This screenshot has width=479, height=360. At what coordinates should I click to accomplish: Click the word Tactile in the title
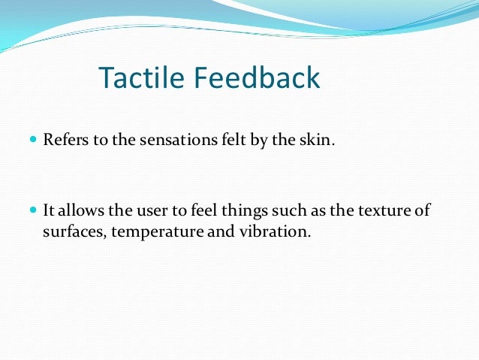(x=140, y=78)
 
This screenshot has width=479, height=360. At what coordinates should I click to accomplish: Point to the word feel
(x=203, y=211)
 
